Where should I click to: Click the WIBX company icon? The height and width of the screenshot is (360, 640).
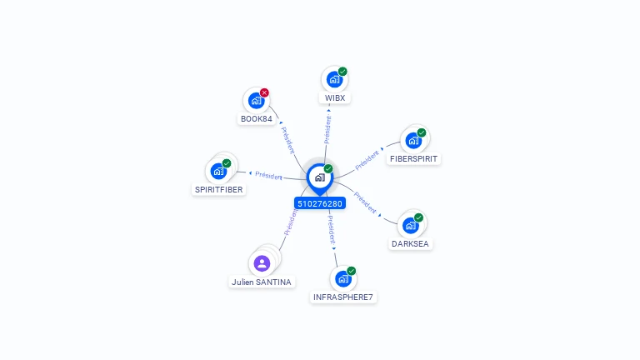334,79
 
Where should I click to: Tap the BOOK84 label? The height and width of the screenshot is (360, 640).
257,119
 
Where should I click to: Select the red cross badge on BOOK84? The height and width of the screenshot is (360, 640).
264,92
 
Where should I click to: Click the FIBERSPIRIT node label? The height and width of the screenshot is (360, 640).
413,159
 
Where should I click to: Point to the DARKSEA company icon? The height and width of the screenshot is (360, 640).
410,225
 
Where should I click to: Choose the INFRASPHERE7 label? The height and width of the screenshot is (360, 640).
342,297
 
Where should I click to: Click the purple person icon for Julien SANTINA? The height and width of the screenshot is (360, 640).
262,263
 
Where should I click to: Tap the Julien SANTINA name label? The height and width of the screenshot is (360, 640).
261,282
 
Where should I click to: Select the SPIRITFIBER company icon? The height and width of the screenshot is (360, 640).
218,171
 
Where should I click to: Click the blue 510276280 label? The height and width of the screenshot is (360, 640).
320,203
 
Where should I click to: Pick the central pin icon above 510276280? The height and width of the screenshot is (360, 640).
320,179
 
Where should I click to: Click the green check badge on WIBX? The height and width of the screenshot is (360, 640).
342,72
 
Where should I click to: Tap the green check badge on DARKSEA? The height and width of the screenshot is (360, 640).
418,217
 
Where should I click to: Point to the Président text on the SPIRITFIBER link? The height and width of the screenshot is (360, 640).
268,176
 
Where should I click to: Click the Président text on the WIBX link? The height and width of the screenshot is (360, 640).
327,130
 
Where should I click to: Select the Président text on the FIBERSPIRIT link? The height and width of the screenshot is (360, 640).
367,160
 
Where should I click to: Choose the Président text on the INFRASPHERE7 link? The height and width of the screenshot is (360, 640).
332,230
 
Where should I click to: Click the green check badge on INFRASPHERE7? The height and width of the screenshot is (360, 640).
352,271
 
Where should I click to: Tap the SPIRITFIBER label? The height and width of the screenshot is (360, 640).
219,189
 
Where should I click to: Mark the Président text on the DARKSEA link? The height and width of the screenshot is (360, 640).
365,202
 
